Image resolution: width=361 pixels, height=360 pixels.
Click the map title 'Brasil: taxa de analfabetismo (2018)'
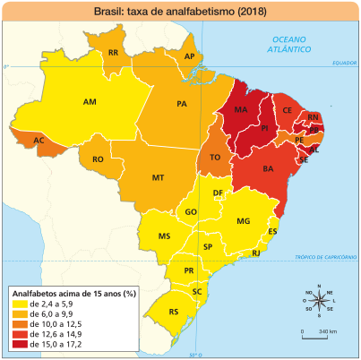pyautogui.click(x=180, y=12)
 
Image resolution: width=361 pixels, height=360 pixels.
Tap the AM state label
pyautogui.click(x=90, y=102)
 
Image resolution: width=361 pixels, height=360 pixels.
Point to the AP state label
pyautogui.click(x=189, y=56)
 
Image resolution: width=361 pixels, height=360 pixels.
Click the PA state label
pyautogui.click(x=182, y=104)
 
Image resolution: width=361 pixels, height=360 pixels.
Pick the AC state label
pyautogui.click(x=39, y=141)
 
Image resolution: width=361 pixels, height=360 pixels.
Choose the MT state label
pyautogui.click(x=158, y=177)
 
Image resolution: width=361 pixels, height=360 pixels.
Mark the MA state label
pyautogui.click(x=240, y=110)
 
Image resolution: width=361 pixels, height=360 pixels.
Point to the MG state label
pyautogui.click(x=243, y=220)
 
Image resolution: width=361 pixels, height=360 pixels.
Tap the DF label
pyautogui.click(x=218, y=193)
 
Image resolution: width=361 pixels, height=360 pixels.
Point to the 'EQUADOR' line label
pyautogui.click(x=344, y=64)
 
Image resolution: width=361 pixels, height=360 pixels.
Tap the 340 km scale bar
pyautogui.click(x=319, y=327)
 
